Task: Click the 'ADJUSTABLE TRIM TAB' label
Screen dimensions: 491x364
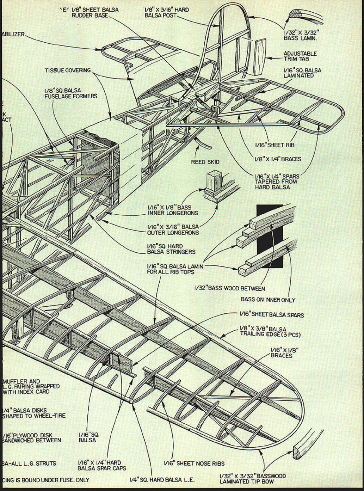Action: (x=300, y=56)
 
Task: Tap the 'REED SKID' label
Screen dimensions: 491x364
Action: (x=205, y=162)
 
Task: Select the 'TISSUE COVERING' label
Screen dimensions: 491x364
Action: (x=68, y=70)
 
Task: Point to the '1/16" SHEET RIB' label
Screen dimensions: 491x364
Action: (x=275, y=145)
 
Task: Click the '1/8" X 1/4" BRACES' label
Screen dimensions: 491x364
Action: (x=278, y=159)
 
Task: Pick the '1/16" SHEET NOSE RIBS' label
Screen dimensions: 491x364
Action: (x=194, y=463)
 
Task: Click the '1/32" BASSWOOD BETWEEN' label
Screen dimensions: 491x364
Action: (x=229, y=288)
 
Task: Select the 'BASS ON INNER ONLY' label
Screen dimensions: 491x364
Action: (x=268, y=300)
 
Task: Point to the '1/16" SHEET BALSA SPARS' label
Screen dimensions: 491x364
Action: (x=271, y=314)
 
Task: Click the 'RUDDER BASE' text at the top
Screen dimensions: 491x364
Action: (x=85, y=16)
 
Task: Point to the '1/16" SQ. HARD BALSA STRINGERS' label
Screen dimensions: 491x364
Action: (x=171, y=249)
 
